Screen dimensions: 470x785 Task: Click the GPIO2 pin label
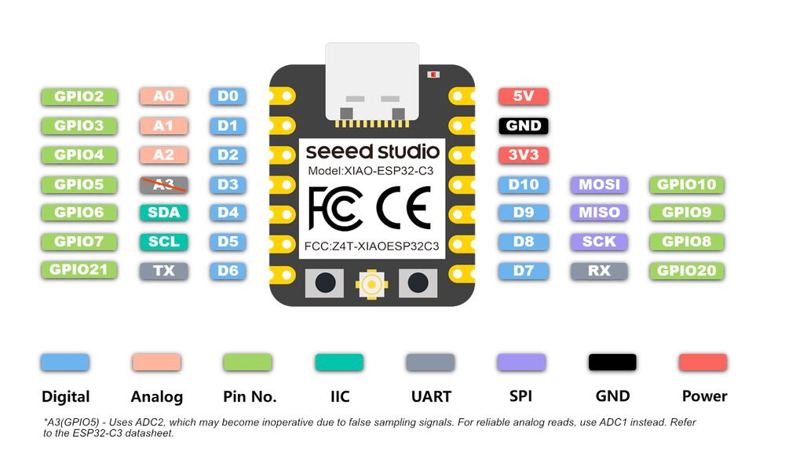pyautogui.click(x=79, y=97)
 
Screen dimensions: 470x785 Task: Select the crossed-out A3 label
pyautogui.click(x=164, y=184)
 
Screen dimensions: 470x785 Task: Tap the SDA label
pyautogui.click(x=164, y=212)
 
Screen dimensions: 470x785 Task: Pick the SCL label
pyautogui.click(x=164, y=242)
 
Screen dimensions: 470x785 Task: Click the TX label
pyautogui.click(x=164, y=271)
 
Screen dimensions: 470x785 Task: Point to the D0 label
pyautogui.click(x=228, y=97)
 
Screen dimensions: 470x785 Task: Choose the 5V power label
pyautogui.click(x=523, y=97)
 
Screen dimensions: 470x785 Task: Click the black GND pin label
pyautogui.click(x=523, y=126)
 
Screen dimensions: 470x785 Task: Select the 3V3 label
pyautogui.click(x=523, y=155)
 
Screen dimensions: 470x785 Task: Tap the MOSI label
pyautogui.click(x=599, y=184)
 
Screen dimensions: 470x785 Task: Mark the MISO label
pyautogui.click(x=599, y=212)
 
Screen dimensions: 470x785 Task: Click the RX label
pyautogui.click(x=599, y=271)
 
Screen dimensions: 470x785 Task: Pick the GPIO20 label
pyautogui.click(x=686, y=271)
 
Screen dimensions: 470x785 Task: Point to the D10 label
pyautogui.click(x=523, y=184)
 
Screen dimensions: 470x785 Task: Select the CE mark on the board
pyautogui.click(x=403, y=206)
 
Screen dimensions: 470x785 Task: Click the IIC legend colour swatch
pyautogui.click(x=339, y=362)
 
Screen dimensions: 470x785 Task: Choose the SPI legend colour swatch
pyautogui.click(x=521, y=362)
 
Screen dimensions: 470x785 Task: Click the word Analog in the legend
pyautogui.click(x=157, y=396)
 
